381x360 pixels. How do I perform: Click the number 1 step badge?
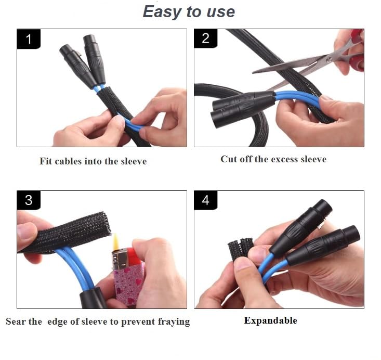click(29, 39)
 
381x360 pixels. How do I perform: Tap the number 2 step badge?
click(205, 38)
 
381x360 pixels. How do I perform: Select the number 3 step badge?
click(29, 200)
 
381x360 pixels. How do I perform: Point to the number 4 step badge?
click(205, 200)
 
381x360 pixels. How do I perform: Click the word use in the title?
click(220, 12)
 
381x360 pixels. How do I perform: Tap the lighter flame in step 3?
click(116, 241)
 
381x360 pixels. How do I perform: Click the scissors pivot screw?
click(330, 59)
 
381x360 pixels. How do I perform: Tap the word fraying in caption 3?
click(174, 322)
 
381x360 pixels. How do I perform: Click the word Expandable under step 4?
click(270, 320)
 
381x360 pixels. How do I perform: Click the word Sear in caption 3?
click(15, 322)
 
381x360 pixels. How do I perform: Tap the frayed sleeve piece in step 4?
click(240, 248)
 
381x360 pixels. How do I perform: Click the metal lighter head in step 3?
click(120, 259)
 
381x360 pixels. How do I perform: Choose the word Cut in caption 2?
click(229, 159)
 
